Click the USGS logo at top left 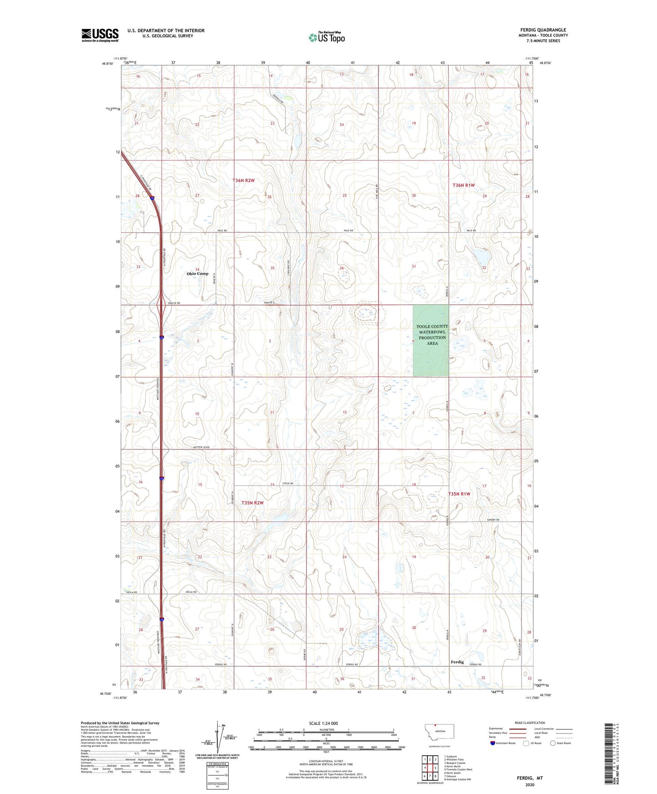(100, 35)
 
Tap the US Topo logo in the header (326, 37)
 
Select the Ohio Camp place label (197, 274)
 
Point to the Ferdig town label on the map (457, 662)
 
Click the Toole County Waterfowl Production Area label (432, 335)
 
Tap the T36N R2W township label (244, 181)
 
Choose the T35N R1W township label (459, 494)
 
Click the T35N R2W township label (252, 503)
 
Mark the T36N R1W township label (464, 185)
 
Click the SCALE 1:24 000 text (323, 723)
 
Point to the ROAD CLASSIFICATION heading (530, 723)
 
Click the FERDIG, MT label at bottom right (530, 778)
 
